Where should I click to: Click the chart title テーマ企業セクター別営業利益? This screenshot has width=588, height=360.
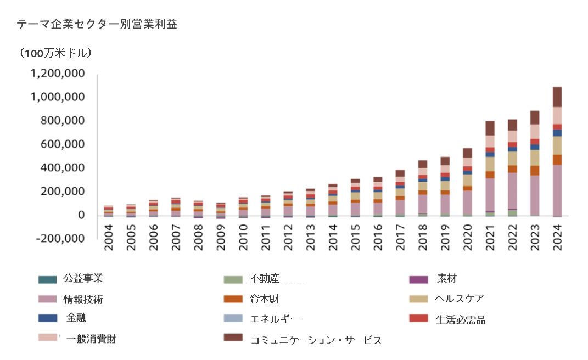click(x=97, y=24)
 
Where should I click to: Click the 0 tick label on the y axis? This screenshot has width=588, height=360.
click(x=80, y=215)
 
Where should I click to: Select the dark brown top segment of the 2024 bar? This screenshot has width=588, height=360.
click(x=557, y=97)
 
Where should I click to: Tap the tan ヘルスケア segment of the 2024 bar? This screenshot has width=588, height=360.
click(x=557, y=145)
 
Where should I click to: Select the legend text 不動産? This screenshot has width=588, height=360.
click(x=264, y=278)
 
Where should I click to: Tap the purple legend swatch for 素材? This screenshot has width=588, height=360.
click(x=418, y=279)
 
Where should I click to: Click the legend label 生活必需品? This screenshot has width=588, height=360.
click(x=461, y=319)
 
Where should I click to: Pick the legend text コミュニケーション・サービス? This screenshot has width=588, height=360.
click(x=315, y=340)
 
